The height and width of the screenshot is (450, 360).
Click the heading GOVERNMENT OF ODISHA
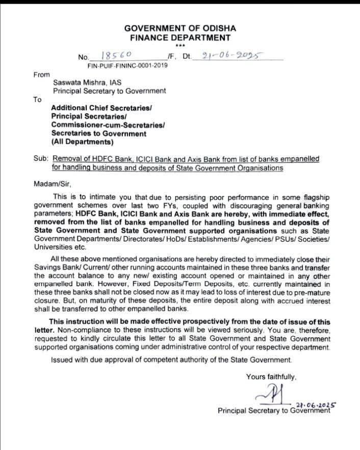tap(180, 28)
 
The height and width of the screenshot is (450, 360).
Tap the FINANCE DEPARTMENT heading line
tap(180, 38)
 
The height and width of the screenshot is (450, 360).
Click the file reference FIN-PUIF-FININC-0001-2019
tap(127, 65)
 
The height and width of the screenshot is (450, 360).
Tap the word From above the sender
tap(42, 74)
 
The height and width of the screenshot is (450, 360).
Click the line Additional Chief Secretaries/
tap(101, 108)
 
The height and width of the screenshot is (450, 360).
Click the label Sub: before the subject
tap(41, 159)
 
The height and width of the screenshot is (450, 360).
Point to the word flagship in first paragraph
tap(314, 197)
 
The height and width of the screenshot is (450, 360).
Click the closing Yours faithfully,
tap(271, 377)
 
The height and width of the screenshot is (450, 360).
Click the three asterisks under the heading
tap(180, 45)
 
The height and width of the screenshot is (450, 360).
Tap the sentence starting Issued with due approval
tap(171, 360)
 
